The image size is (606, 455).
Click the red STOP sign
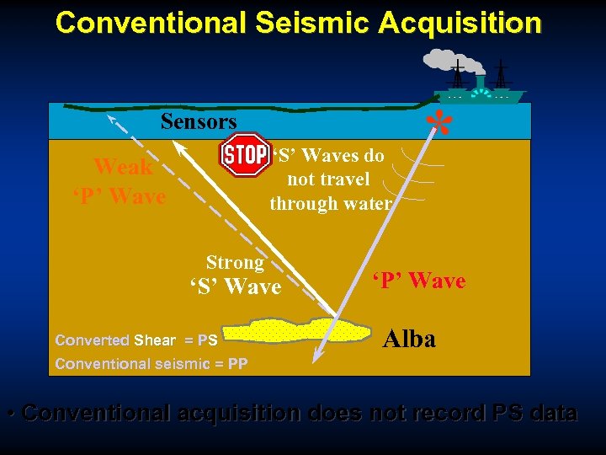coord(244,155)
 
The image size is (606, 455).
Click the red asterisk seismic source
coord(439,124)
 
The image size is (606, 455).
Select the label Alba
coord(409,339)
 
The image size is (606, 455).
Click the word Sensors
coord(199,122)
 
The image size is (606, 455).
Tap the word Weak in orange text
coord(123,167)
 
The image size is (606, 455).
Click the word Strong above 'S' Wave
coord(235,263)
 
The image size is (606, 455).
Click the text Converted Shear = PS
coord(136,340)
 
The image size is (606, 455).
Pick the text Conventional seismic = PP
coord(151,364)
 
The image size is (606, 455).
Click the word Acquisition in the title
coord(460,23)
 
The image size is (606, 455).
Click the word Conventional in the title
coord(150,23)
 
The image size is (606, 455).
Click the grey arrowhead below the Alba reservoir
coord(318,358)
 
